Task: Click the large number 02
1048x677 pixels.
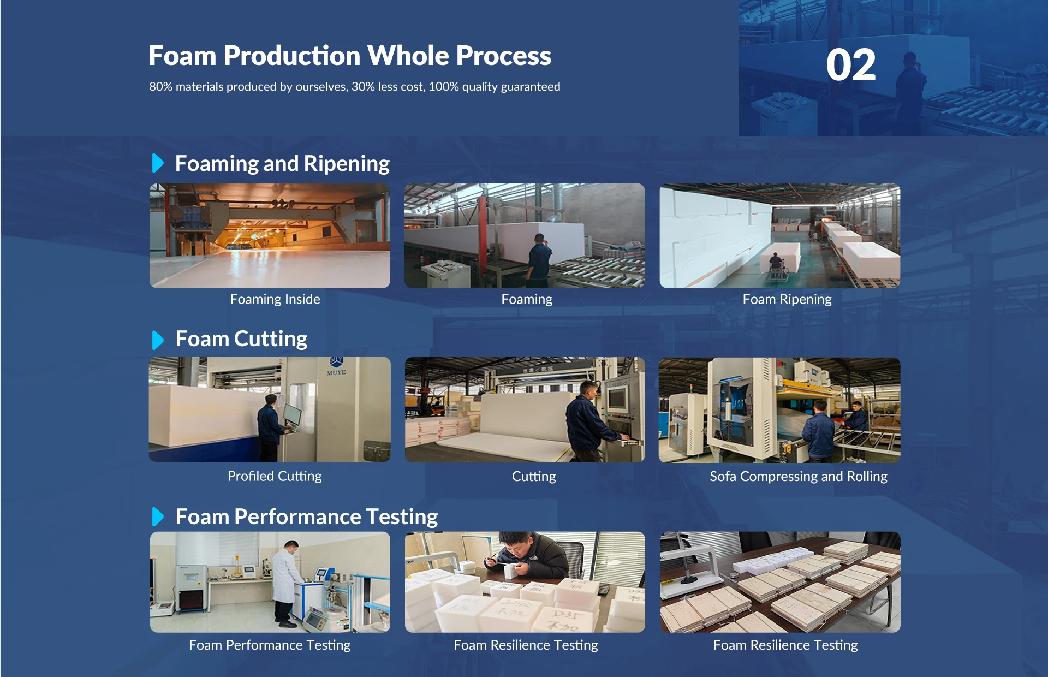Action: click(x=850, y=65)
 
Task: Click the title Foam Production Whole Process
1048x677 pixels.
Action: click(x=350, y=56)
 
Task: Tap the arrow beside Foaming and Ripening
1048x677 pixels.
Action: click(x=158, y=163)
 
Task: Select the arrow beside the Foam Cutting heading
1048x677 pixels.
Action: click(x=158, y=340)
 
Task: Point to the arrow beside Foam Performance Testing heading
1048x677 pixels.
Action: click(x=158, y=516)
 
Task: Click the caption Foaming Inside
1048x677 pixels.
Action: click(x=275, y=299)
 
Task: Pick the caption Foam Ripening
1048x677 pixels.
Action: click(x=787, y=299)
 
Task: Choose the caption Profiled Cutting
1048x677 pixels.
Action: click(x=275, y=476)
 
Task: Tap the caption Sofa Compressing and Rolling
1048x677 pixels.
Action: click(x=799, y=476)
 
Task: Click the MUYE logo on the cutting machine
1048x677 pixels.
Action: click(x=336, y=366)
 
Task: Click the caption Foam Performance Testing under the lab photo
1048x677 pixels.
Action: click(x=270, y=645)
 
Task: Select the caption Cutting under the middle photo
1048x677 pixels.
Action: click(x=534, y=476)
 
